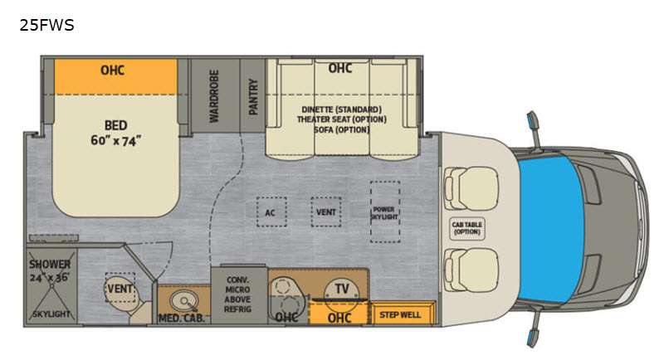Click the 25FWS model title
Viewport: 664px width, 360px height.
pyautogui.click(x=46, y=26)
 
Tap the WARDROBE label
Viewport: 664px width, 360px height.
pyautogui.click(x=214, y=96)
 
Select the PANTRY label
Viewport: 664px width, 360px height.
pyautogui.click(x=253, y=96)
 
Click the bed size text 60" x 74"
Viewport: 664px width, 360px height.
pyautogui.click(x=115, y=140)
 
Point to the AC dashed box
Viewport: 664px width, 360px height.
pyautogui.click(x=271, y=212)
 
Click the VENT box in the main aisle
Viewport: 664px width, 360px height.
pyautogui.click(x=325, y=212)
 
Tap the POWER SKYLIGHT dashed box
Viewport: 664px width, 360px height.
pyautogui.click(x=385, y=212)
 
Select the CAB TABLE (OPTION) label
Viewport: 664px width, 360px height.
pyautogui.click(x=467, y=228)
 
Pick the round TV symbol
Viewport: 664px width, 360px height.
pyautogui.click(x=342, y=289)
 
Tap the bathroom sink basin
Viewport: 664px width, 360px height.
pyautogui.click(x=184, y=301)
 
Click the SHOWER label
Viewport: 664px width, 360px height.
pyautogui.click(x=50, y=265)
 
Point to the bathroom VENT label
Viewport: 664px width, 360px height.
pyautogui.click(x=120, y=289)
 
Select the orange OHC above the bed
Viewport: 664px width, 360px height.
pyautogui.click(x=115, y=76)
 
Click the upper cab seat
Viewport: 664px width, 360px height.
pyautogui.click(x=471, y=188)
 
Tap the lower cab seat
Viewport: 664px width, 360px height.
pyautogui.click(x=471, y=270)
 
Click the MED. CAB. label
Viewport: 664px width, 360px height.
pyautogui.click(x=182, y=319)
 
